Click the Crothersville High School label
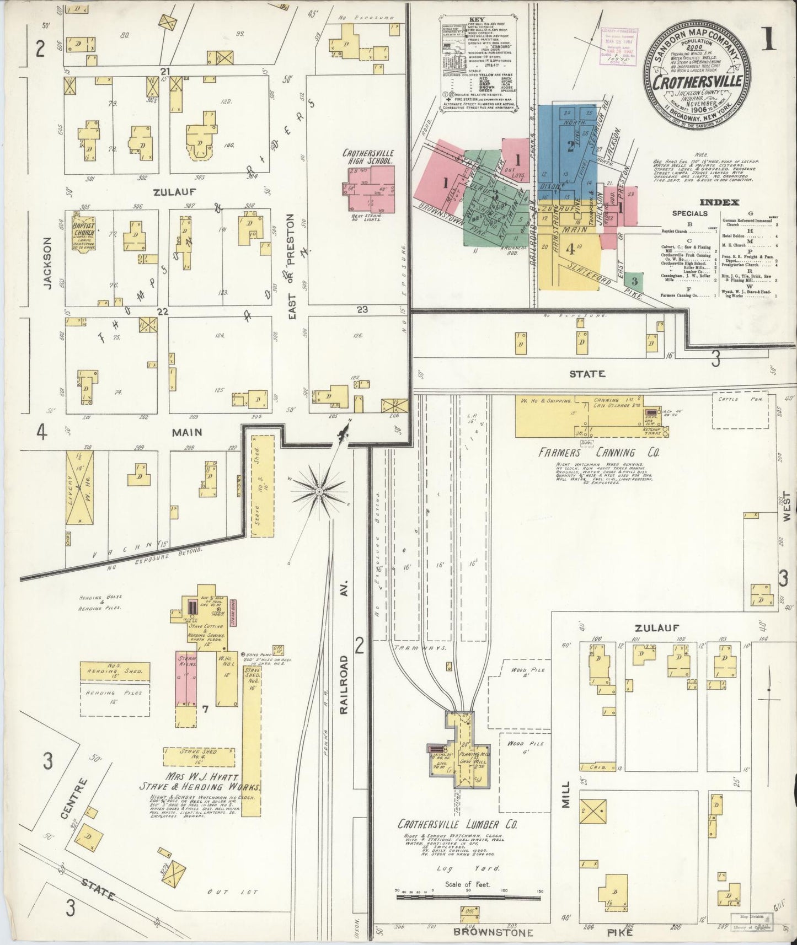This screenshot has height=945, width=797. tap(367, 157)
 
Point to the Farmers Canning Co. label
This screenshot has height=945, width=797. tap(598, 453)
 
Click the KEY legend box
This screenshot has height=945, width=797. tap(479, 65)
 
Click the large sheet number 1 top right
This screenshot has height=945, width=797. tap(768, 39)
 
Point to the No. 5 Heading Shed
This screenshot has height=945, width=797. tap(115, 671)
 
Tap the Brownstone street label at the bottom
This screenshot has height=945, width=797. tap(493, 932)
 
